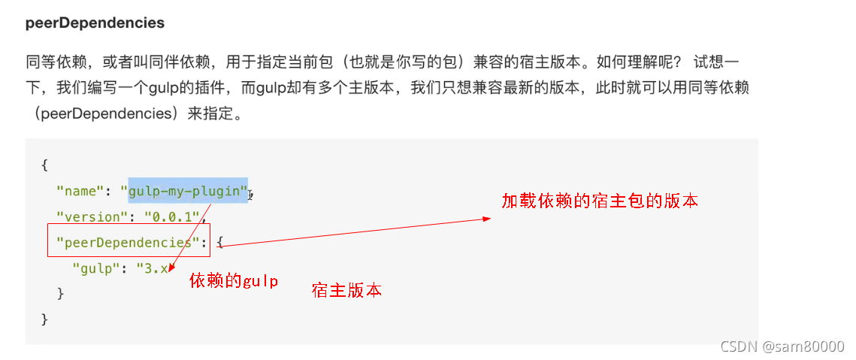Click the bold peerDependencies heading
pos(95,23)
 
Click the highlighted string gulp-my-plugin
pos(188,191)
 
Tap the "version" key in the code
pos(89,217)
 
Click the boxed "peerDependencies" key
pos(124,242)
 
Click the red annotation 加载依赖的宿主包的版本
pos(600,201)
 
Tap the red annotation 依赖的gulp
pos(234,281)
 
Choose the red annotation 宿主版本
pos(346,290)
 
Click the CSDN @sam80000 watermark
pos(782,346)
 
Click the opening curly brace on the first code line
pos(45,165)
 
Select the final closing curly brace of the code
pos(45,319)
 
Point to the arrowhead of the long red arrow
pos(487,219)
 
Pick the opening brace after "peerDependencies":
pos(219,242)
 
